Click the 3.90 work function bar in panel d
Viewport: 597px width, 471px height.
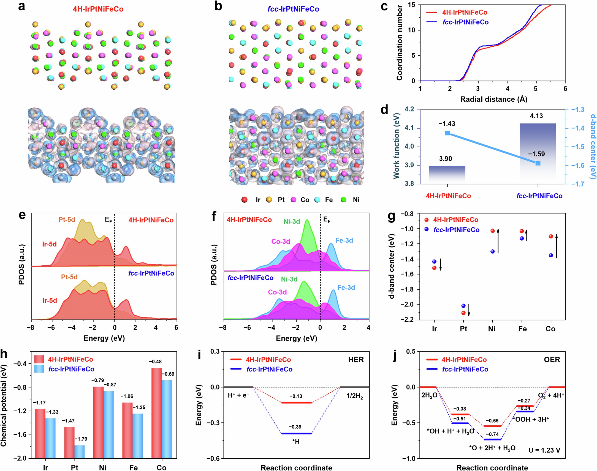pyautogui.click(x=447, y=173)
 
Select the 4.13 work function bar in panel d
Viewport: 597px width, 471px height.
pyautogui.click(x=538, y=152)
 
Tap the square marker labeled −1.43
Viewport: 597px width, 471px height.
pyautogui.click(x=447, y=133)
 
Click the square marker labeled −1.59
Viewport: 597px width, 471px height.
pyautogui.click(x=538, y=163)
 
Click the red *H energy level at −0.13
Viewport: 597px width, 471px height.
pyautogui.click(x=296, y=403)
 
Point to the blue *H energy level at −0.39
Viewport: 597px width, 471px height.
pyautogui.click(x=296, y=434)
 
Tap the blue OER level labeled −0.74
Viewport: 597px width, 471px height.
pyautogui.click(x=492, y=440)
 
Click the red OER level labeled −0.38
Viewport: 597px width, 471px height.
pyautogui.click(x=460, y=414)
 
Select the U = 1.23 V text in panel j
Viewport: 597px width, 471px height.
pyautogui.click(x=544, y=450)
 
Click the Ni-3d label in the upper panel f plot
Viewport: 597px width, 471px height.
pyautogui.click(x=292, y=221)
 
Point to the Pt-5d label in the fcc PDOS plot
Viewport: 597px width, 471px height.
pyautogui.click(x=69, y=277)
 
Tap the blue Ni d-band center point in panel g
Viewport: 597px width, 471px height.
pyautogui.click(x=493, y=251)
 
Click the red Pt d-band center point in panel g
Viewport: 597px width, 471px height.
pyautogui.click(x=463, y=313)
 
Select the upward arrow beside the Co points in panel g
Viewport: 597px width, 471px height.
pyautogui.click(x=557, y=246)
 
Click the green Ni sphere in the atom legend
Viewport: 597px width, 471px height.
pyautogui.click(x=343, y=200)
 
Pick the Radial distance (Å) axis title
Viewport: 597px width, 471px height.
pyautogui.click(x=494, y=99)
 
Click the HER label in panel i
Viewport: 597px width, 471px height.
pyautogui.click(x=356, y=360)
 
